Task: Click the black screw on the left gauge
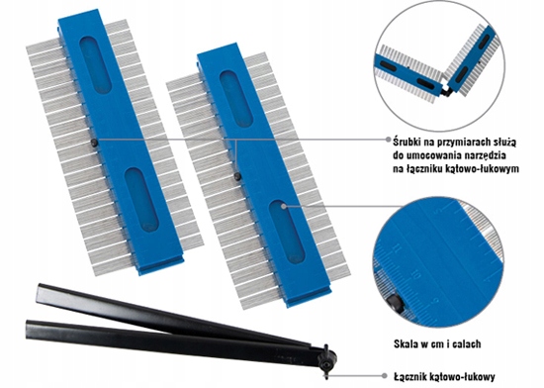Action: point(94,143)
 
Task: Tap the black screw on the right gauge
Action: point(237,176)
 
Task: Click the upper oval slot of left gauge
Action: point(95,65)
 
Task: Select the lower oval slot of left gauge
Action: point(141,200)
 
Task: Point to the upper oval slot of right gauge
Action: point(236,99)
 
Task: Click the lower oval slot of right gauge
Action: point(287,232)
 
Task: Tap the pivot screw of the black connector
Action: point(326,361)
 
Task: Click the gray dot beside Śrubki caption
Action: point(389,140)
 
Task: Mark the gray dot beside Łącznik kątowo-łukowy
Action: point(385,375)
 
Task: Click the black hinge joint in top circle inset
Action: point(447,91)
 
